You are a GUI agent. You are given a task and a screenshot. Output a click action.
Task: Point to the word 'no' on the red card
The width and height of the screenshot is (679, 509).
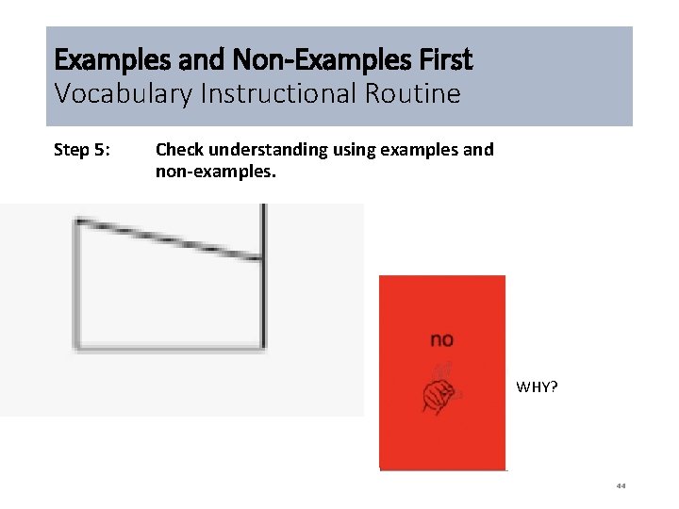(x=441, y=339)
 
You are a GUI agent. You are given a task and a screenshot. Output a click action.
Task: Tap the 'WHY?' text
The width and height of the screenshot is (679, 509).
(x=537, y=386)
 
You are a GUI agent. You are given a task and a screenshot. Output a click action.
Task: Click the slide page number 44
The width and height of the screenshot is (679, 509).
(x=621, y=486)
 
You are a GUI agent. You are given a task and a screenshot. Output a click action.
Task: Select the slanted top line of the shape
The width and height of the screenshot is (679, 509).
(x=170, y=238)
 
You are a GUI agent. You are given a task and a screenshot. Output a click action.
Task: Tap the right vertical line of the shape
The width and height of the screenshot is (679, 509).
(x=263, y=283)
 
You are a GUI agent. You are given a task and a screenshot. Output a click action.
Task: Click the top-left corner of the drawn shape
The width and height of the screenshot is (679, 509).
(x=77, y=222)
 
